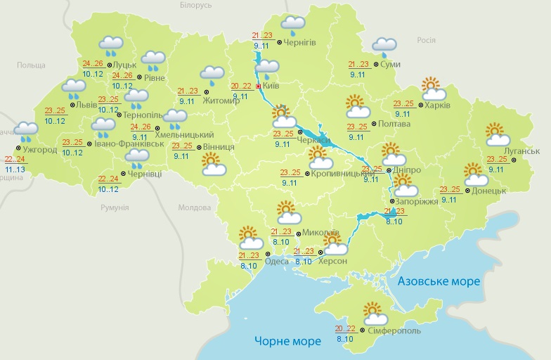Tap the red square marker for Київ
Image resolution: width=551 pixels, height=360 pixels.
258,86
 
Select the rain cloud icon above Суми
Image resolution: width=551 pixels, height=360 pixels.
384,46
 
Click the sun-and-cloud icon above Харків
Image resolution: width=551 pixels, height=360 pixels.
434,89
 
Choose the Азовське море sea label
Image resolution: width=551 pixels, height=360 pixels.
439,281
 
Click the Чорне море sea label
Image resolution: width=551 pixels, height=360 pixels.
287,341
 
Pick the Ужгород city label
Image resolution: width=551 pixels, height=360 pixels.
41,150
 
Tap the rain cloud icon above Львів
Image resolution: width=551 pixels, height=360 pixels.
74,89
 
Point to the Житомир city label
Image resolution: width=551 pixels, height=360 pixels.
221,101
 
